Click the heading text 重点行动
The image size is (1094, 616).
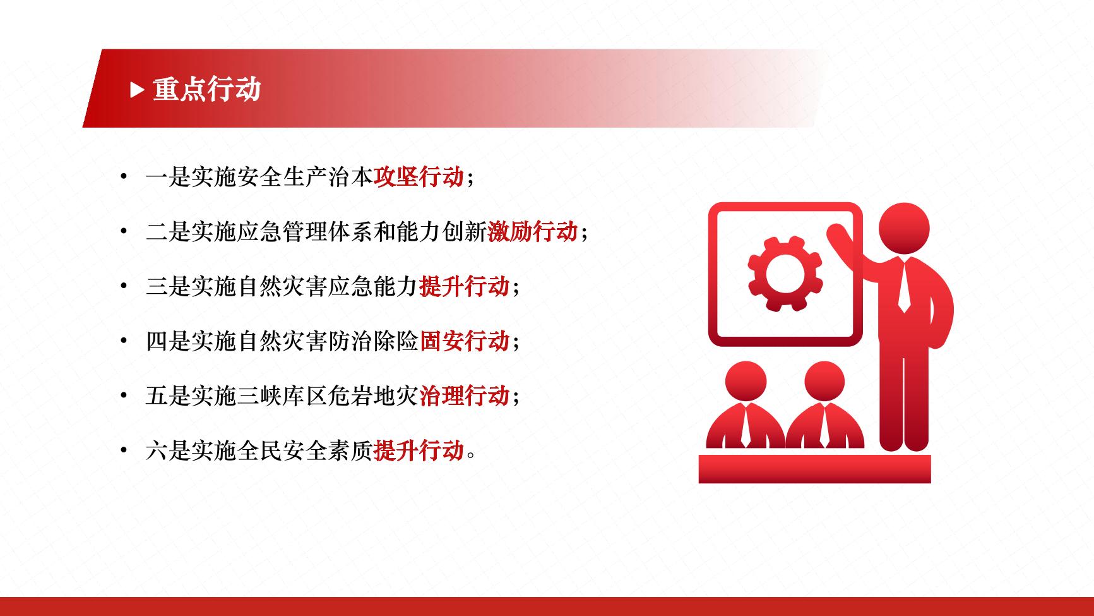coord(206,90)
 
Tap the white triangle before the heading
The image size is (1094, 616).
coord(137,90)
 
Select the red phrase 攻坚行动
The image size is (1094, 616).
coord(419,178)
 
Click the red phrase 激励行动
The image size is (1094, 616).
coord(532,232)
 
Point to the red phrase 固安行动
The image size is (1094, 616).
coord(464,341)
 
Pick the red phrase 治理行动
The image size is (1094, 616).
coord(464,396)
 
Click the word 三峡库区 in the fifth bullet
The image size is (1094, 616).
coord(282,396)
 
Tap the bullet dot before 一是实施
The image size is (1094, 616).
coord(124,177)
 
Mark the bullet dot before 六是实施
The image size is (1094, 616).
coord(124,450)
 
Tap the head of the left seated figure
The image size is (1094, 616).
coord(746,383)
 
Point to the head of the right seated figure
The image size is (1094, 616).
coord(824,383)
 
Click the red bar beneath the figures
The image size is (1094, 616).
coord(814,469)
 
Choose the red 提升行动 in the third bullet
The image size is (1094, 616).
coord(464,287)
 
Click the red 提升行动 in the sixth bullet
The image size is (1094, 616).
coord(419,450)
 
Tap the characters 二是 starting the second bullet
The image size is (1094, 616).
coord(168,232)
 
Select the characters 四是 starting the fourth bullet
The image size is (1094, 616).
coord(168,341)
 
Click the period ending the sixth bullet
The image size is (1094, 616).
coord(470,456)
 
